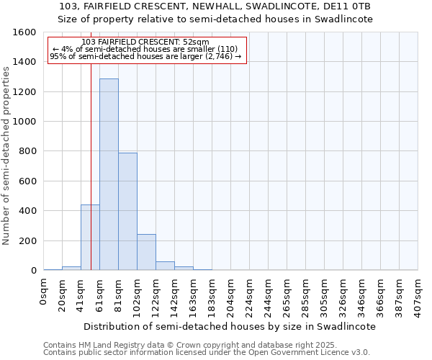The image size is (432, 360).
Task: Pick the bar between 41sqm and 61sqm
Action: coord(90,238)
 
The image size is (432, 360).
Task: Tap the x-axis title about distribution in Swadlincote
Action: coord(230,326)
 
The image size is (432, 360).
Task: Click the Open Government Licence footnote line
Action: coord(206,353)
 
